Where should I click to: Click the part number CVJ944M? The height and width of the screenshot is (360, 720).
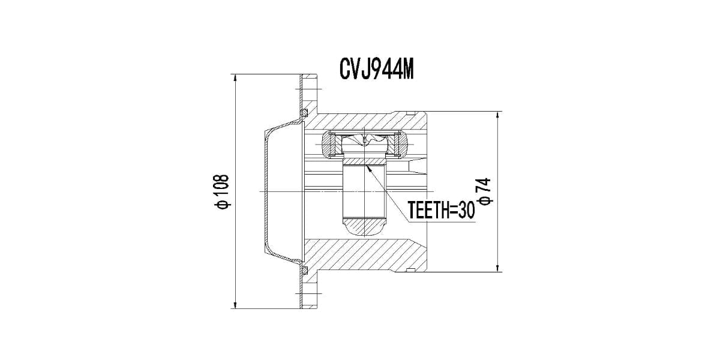pos(377,70)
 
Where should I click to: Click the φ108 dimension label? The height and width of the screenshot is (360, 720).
pos(223,191)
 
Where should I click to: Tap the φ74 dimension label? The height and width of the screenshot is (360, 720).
pos(485,191)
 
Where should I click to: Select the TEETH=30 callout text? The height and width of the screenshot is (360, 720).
pos(442,210)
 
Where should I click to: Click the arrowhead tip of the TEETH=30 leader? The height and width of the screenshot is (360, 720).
pos(367,165)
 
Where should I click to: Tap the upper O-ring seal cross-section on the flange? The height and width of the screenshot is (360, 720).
pos(304,113)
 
